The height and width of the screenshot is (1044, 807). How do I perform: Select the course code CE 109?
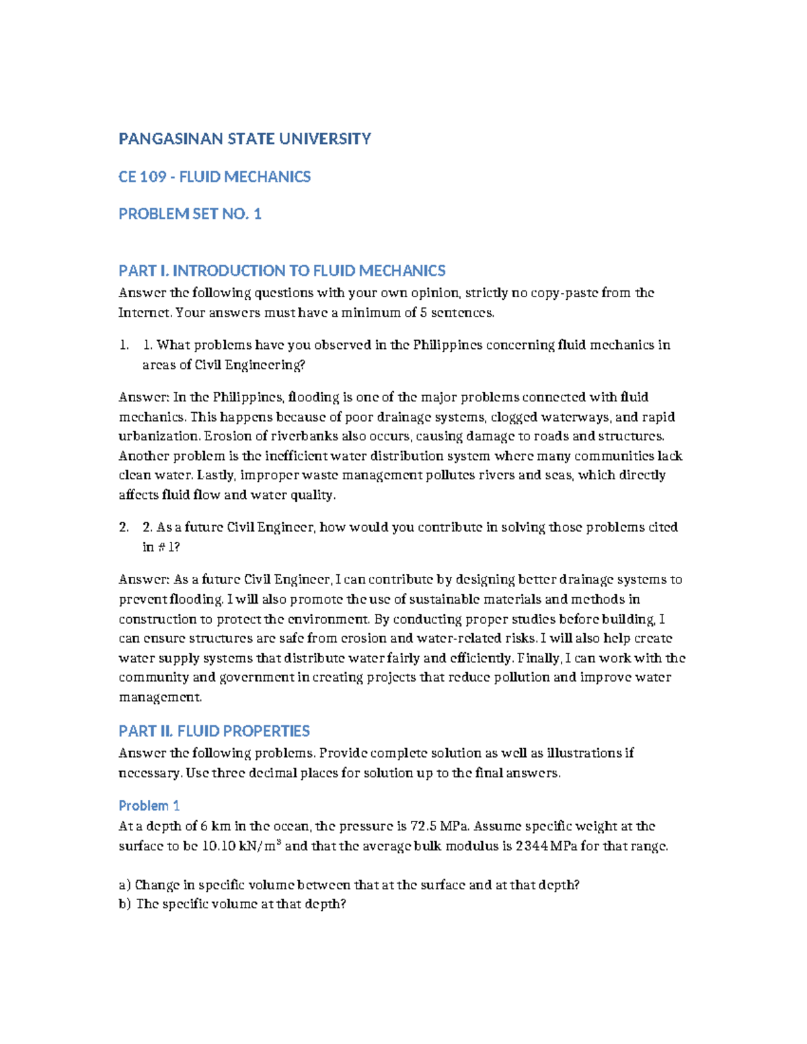(x=142, y=177)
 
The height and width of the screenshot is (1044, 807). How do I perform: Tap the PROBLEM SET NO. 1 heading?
(x=190, y=214)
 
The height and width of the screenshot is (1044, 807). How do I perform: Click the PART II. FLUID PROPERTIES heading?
(x=214, y=731)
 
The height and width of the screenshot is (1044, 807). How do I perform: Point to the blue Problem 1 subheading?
(x=149, y=805)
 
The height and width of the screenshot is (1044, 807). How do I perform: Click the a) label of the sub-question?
(x=124, y=885)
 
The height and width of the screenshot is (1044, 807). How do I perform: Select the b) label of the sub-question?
(x=125, y=904)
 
